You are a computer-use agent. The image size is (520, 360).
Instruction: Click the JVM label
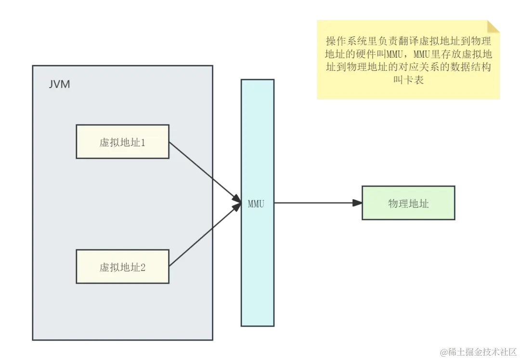(x=59, y=84)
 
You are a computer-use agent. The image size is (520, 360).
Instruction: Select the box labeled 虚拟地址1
(x=122, y=141)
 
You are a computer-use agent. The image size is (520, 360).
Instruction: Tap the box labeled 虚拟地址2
(x=122, y=267)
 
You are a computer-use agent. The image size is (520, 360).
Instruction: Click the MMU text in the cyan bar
(x=256, y=204)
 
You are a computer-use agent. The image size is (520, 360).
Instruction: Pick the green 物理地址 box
(x=408, y=203)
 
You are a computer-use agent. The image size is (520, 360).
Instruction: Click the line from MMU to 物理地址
(x=313, y=202)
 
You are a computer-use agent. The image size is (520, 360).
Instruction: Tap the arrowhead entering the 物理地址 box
(x=356, y=202)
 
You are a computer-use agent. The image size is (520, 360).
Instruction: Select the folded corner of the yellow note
(x=494, y=26)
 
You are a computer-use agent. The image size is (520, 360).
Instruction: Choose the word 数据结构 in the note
(x=470, y=67)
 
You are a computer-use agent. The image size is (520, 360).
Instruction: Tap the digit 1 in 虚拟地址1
(x=143, y=142)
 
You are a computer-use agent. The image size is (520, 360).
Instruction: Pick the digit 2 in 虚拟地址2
(x=143, y=268)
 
